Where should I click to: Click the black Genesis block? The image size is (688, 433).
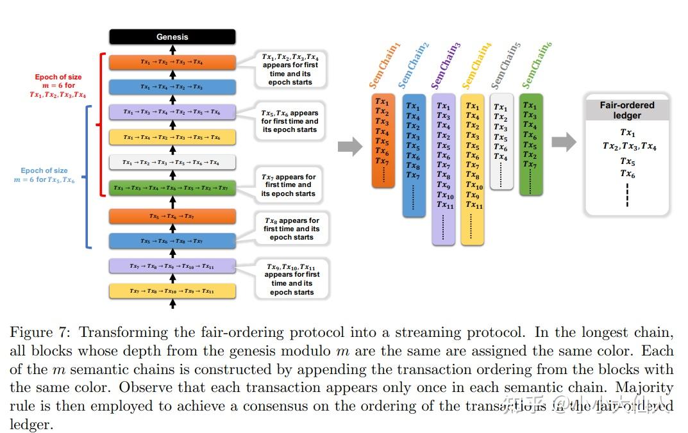172,37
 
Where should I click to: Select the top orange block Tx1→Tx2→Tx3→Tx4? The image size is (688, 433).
172,62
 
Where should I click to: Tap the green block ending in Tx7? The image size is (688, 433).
172,188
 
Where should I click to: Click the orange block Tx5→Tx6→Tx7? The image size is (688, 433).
172,216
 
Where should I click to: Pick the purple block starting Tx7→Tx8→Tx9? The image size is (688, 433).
172,266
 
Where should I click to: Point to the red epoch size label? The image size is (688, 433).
58,86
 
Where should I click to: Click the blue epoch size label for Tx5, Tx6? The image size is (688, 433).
44,176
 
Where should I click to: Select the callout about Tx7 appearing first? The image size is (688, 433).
288,185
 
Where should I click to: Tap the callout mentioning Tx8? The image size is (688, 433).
291,229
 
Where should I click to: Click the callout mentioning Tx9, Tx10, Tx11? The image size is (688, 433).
291,279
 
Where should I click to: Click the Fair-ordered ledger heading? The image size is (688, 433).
626,110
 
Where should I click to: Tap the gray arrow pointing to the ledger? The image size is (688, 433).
564,142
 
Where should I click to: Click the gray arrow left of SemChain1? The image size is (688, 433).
349,146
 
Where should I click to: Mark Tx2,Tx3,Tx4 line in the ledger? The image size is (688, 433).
629,146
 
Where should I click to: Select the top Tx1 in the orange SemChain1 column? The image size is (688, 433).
382,101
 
